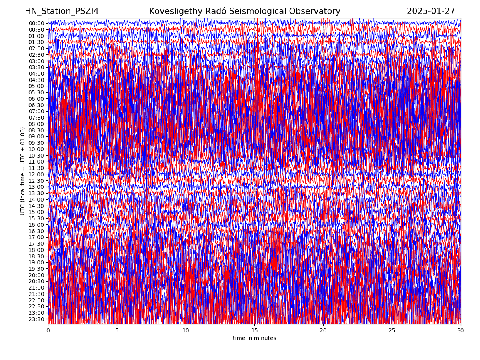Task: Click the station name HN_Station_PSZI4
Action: click(x=62, y=11)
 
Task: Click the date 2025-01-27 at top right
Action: click(x=431, y=11)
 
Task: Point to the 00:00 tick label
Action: click(x=36, y=23)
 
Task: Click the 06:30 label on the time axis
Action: click(x=36, y=105)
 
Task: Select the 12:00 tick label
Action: click(x=36, y=174)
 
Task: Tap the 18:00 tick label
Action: click(x=36, y=250)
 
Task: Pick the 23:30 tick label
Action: click(x=36, y=319)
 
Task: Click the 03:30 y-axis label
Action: click(x=36, y=67)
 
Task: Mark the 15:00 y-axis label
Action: click(x=36, y=212)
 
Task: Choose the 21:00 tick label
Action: click(x=36, y=288)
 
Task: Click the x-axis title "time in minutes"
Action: click(x=254, y=338)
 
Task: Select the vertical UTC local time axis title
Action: click(x=23, y=171)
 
